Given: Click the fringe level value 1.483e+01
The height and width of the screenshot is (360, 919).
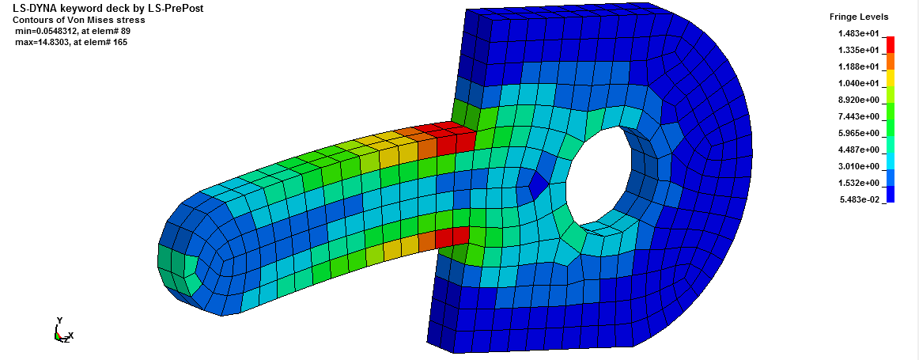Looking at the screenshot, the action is [864, 33].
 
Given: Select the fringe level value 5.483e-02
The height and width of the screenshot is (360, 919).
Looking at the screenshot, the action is [864, 200].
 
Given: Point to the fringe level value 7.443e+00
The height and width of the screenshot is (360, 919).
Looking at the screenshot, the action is [864, 116].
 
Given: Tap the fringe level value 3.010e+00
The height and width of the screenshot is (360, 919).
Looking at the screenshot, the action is [864, 166].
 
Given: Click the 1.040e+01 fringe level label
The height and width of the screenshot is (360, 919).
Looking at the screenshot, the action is [864, 83].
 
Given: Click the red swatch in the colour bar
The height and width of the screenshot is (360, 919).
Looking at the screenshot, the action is [891, 44].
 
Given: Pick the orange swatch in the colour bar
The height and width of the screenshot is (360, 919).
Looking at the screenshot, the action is [891, 61].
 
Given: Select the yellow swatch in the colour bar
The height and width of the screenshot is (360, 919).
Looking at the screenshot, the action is [891, 78].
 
